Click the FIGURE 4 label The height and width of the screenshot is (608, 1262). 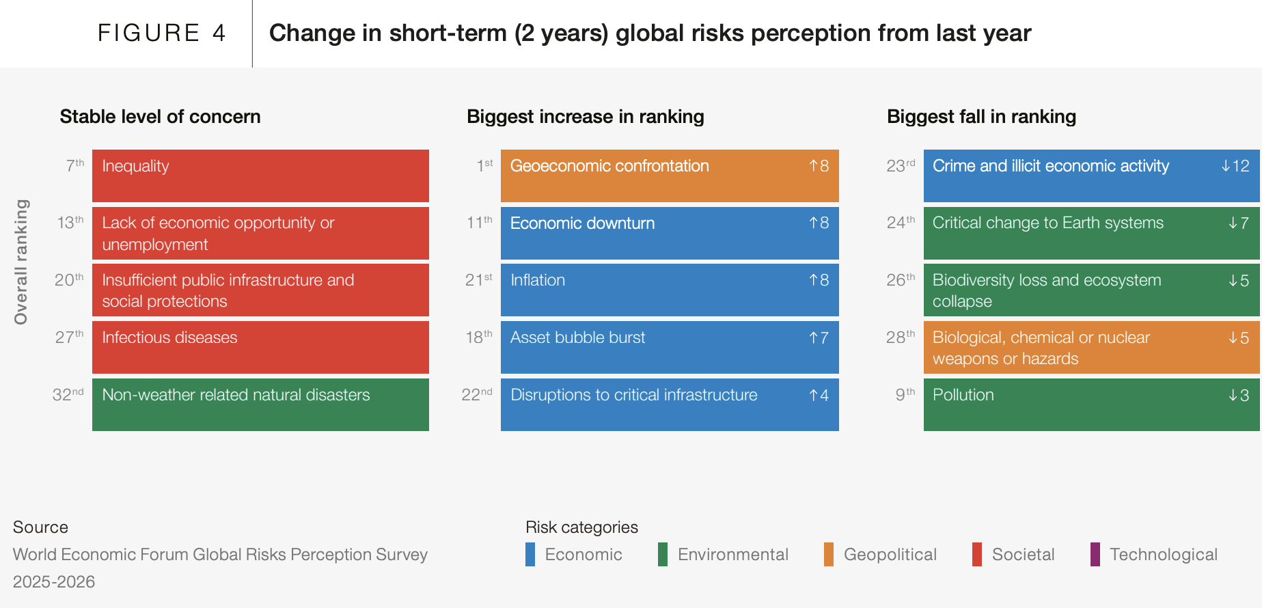161,33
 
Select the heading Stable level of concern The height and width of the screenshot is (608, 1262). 160,117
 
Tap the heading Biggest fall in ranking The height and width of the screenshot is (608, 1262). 981,117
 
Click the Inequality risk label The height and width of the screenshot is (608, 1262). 135,166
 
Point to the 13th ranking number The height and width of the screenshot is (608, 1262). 70,223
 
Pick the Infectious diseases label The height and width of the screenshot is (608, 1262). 169,337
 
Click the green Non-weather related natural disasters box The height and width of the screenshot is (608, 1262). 260,404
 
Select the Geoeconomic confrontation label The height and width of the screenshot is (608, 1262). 609,166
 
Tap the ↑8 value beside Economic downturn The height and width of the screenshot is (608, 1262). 819,223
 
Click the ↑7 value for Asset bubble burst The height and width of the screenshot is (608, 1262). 819,337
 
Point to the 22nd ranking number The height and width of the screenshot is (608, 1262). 477,395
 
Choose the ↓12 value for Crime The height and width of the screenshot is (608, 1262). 1235,166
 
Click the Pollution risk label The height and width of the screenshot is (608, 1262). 963,395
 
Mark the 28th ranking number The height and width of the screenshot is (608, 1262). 901,337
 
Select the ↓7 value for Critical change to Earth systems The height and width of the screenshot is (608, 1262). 1239,223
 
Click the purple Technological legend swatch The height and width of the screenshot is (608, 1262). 1095,554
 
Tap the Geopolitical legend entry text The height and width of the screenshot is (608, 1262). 890,554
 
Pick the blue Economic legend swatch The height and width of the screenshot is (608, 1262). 530,554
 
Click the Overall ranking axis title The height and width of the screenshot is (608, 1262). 21,262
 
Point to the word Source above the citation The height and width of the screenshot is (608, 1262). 40,527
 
